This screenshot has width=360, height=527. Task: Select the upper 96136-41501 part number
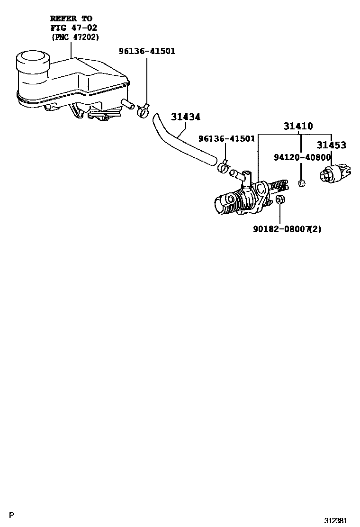147,51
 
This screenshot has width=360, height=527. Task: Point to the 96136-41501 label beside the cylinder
227,138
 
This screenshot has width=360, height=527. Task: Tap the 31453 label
331,145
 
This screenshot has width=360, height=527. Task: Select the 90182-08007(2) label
287,229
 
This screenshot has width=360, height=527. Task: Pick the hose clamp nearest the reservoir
142,111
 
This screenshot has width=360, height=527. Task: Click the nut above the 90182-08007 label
279,200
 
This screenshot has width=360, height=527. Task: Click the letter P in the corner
12,514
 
